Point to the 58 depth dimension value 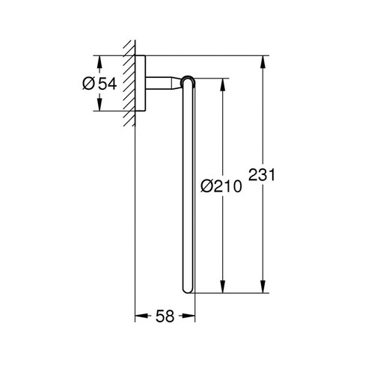(x=165, y=316)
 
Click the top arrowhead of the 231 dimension (x=263, y=60)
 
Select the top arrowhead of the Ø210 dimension (x=222, y=82)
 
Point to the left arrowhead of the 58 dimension (x=139, y=316)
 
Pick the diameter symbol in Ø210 (x=209, y=186)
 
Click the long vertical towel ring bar (x=188, y=187)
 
